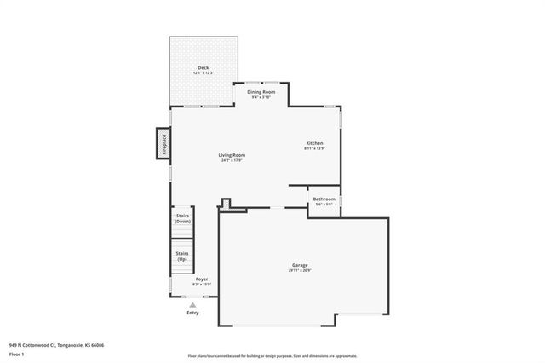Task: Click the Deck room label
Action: (203, 68)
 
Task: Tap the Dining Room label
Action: (261, 91)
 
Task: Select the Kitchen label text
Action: (314, 142)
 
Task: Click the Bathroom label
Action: (324, 199)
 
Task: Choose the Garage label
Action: (301, 265)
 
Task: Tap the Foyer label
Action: (202, 279)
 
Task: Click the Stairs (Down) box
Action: (182, 218)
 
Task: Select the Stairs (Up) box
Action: (182, 256)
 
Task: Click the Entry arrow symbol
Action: (193, 304)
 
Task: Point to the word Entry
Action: (193, 313)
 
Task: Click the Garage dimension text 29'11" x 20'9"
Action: (301, 271)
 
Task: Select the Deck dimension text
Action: (203, 73)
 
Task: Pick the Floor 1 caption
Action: (17, 354)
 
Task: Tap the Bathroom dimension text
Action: (324, 205)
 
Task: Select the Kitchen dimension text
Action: (314, 148)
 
